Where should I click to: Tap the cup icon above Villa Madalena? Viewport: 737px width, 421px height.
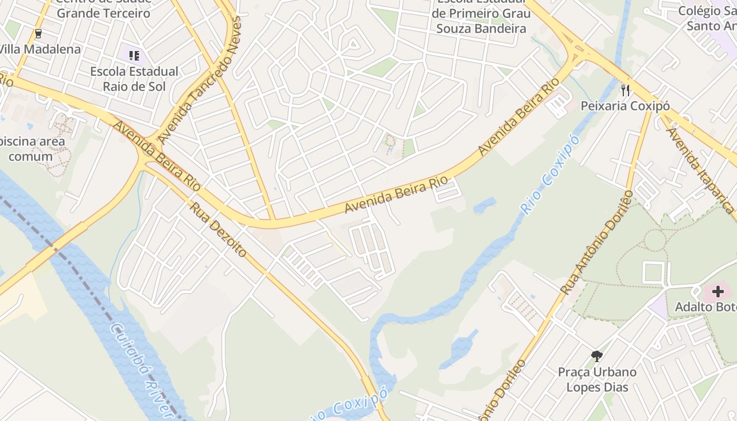pyautogui.click(x=38, y=34)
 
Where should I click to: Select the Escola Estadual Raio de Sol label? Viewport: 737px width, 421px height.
pyautogui.click(x=134, y=78)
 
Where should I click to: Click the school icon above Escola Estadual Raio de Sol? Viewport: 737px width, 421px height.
pyautogui.click(x=134, y=55)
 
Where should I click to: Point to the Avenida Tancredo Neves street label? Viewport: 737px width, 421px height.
pyautogui.click(x=200, y=80)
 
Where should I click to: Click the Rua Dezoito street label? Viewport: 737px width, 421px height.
pyautogui.click(x=218, y=229)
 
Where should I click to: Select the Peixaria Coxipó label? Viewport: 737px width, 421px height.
pyautogui.click(x=625, y=106)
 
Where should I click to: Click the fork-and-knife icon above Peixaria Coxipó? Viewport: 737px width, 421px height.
pyautogui.click(x=625, y=90)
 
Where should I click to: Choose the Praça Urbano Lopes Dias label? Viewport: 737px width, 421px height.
pyautogui.click(x=597, y=379)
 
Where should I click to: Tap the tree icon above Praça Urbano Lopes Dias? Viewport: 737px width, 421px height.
pyautogui.click(x=596, y=356)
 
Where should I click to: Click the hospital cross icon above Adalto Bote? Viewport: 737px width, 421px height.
pyautogui.click(x=718, y=292)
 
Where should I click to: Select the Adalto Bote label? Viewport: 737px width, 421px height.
pyautogui.click(x=705, y=307)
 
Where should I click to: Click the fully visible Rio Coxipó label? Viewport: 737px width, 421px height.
pyautogui.click(x=550, y=174)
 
